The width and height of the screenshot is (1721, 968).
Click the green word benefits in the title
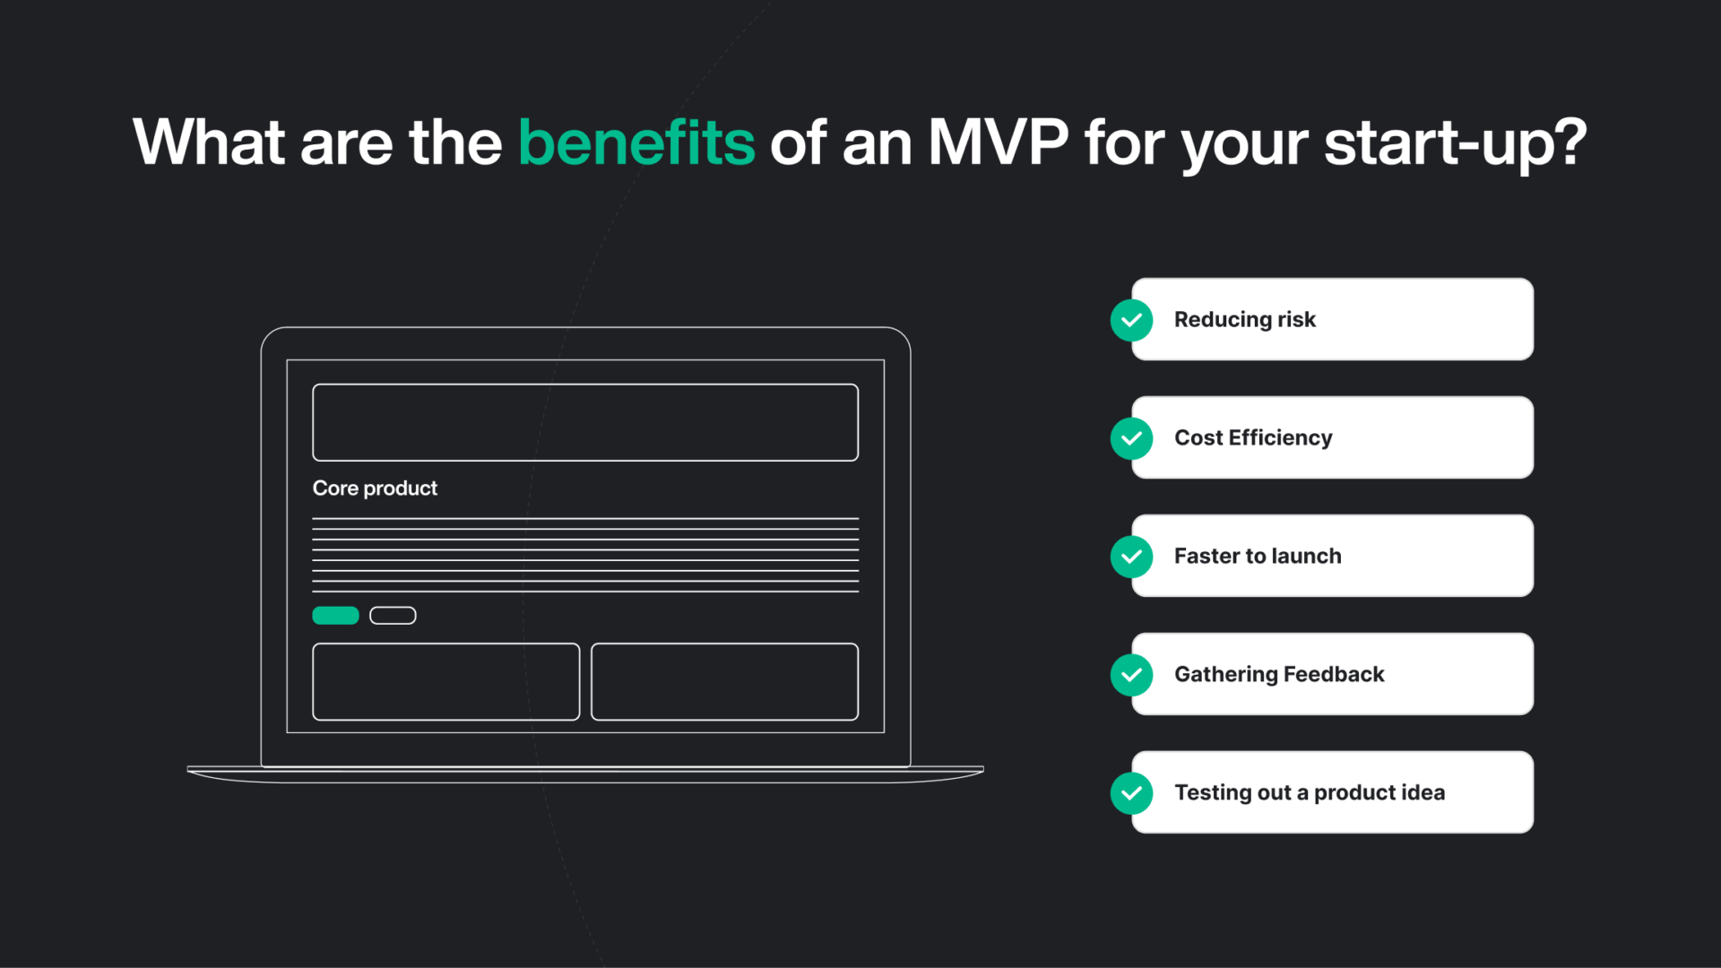coord(636,143)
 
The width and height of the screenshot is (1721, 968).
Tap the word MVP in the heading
coord(998,143)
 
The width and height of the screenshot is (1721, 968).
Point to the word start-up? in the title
coord(1455,143)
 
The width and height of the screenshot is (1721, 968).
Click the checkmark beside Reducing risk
coord(1131,320)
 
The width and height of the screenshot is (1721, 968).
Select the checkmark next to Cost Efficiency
coord(1131,438)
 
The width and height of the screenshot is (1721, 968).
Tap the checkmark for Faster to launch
coord(1131,557)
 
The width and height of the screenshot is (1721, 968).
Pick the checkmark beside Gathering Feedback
coord(1131,675)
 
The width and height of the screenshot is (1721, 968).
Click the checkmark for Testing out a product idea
coord(1131,793)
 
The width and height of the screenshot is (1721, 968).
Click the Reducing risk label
coord(1244,320)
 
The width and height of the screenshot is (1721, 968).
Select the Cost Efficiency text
coord(1253,438)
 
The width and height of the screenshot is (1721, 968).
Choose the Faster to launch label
coord(1258,557)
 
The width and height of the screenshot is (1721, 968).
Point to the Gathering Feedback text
coord(1279,675)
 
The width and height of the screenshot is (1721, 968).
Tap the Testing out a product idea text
coord(1310,793)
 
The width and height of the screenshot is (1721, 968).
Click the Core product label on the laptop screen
coord(375,488)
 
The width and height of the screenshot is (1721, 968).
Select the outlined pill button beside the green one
coord(393,616)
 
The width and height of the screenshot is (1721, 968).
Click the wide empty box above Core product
coord(585,422)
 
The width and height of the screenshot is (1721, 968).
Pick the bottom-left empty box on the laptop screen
coord(445,681)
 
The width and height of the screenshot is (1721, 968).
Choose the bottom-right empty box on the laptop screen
coord(724,681)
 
